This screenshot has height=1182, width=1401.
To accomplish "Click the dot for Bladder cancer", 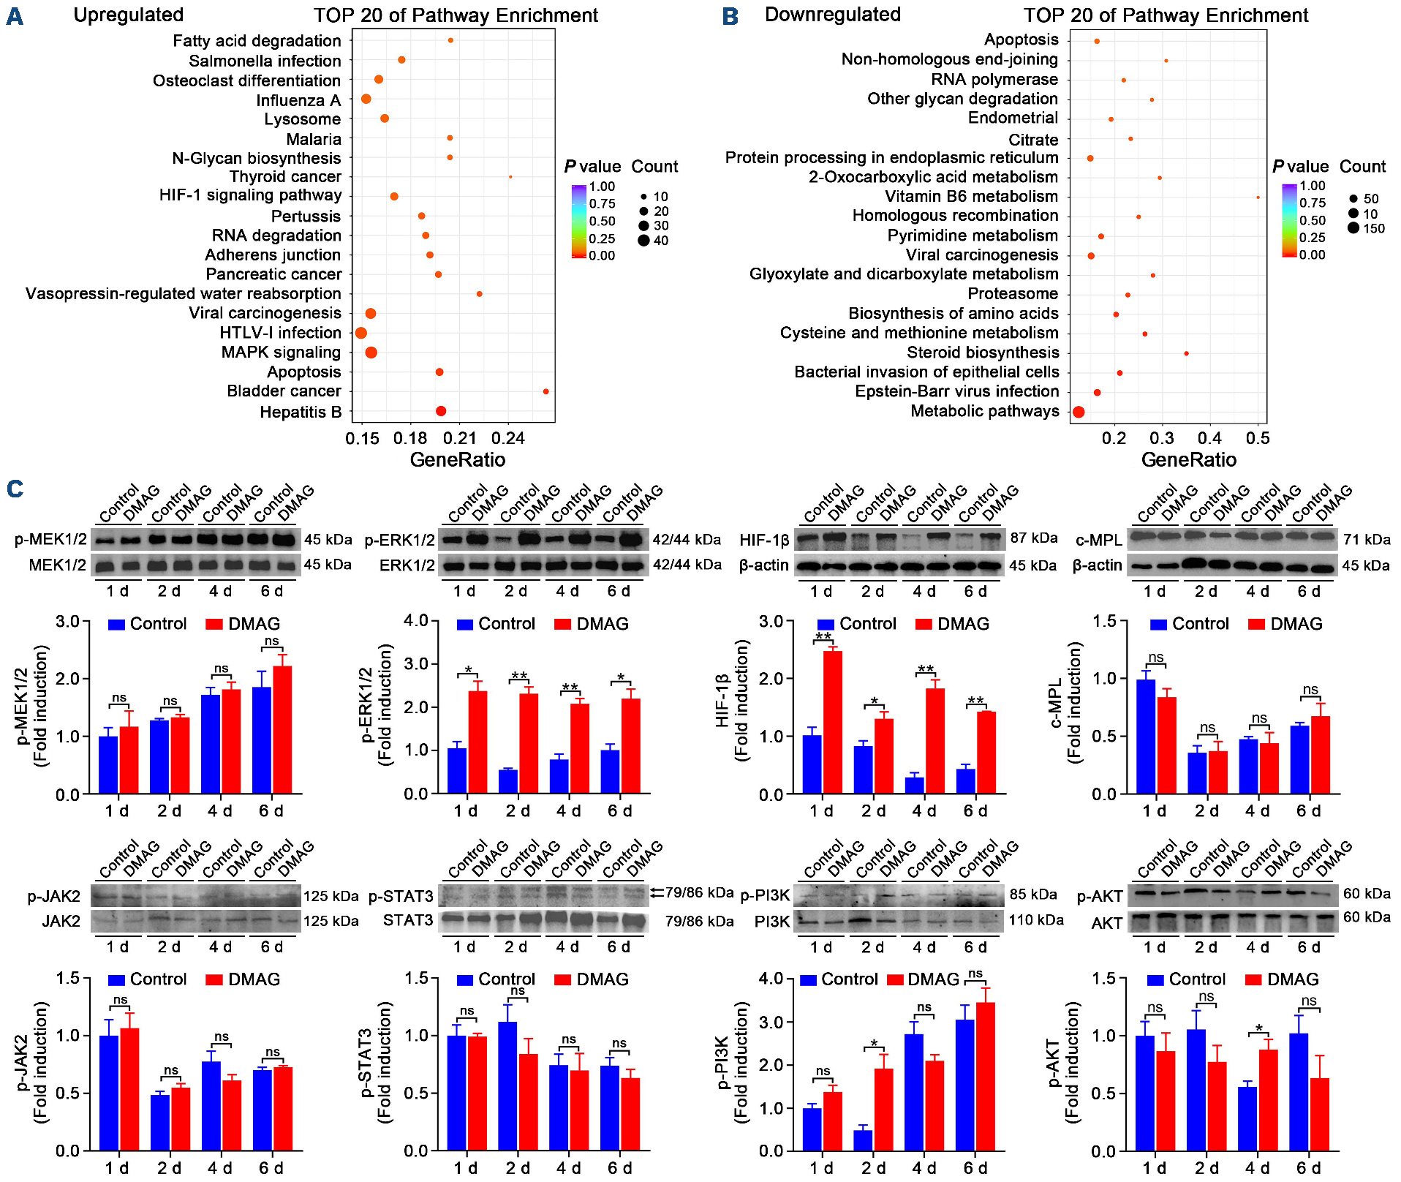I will tap(546, 392).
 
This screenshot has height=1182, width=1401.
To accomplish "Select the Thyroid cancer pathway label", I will tap(285, 177).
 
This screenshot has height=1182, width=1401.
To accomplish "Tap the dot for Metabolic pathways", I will tap(1079, 413).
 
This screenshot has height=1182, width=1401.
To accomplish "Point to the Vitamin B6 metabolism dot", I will tap(1258, 197).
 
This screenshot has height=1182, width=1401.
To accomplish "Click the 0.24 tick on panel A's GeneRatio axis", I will tap(508, 438).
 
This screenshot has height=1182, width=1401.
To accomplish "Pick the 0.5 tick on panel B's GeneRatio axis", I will tap(1258, 438).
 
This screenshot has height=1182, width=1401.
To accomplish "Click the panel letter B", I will tap(730, 16).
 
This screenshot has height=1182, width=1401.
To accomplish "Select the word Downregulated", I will tap(832, 15).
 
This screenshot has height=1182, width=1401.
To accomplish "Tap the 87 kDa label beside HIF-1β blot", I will tap(1034, 538).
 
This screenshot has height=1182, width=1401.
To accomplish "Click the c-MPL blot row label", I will tap(1098, 541).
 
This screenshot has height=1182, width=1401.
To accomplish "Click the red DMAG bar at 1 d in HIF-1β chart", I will tap(832, 722).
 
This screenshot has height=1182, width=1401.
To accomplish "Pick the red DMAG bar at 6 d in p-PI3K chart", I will tap(985, 1077).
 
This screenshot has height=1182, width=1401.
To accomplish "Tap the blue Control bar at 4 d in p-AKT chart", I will tap(1248, 1118).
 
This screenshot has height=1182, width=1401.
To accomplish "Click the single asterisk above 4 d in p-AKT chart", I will tap(1259, 1029).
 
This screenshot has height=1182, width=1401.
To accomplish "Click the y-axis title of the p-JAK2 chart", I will tap(31, 1062).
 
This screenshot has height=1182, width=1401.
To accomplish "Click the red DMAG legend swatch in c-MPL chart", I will tap(1256, 625).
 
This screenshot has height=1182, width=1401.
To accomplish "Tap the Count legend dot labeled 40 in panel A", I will tap(643, 241).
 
